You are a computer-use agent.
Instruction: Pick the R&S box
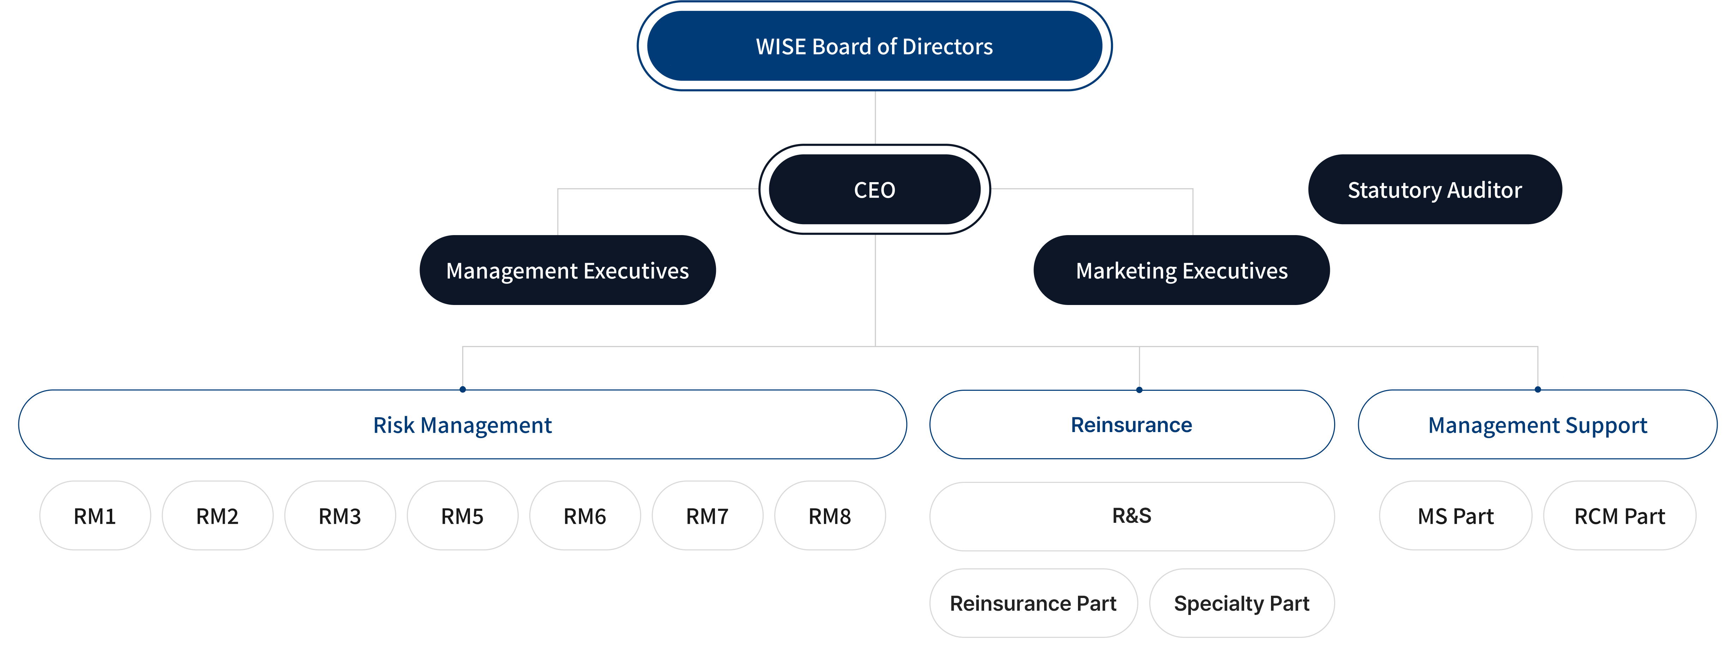click(x=1132, y=516)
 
